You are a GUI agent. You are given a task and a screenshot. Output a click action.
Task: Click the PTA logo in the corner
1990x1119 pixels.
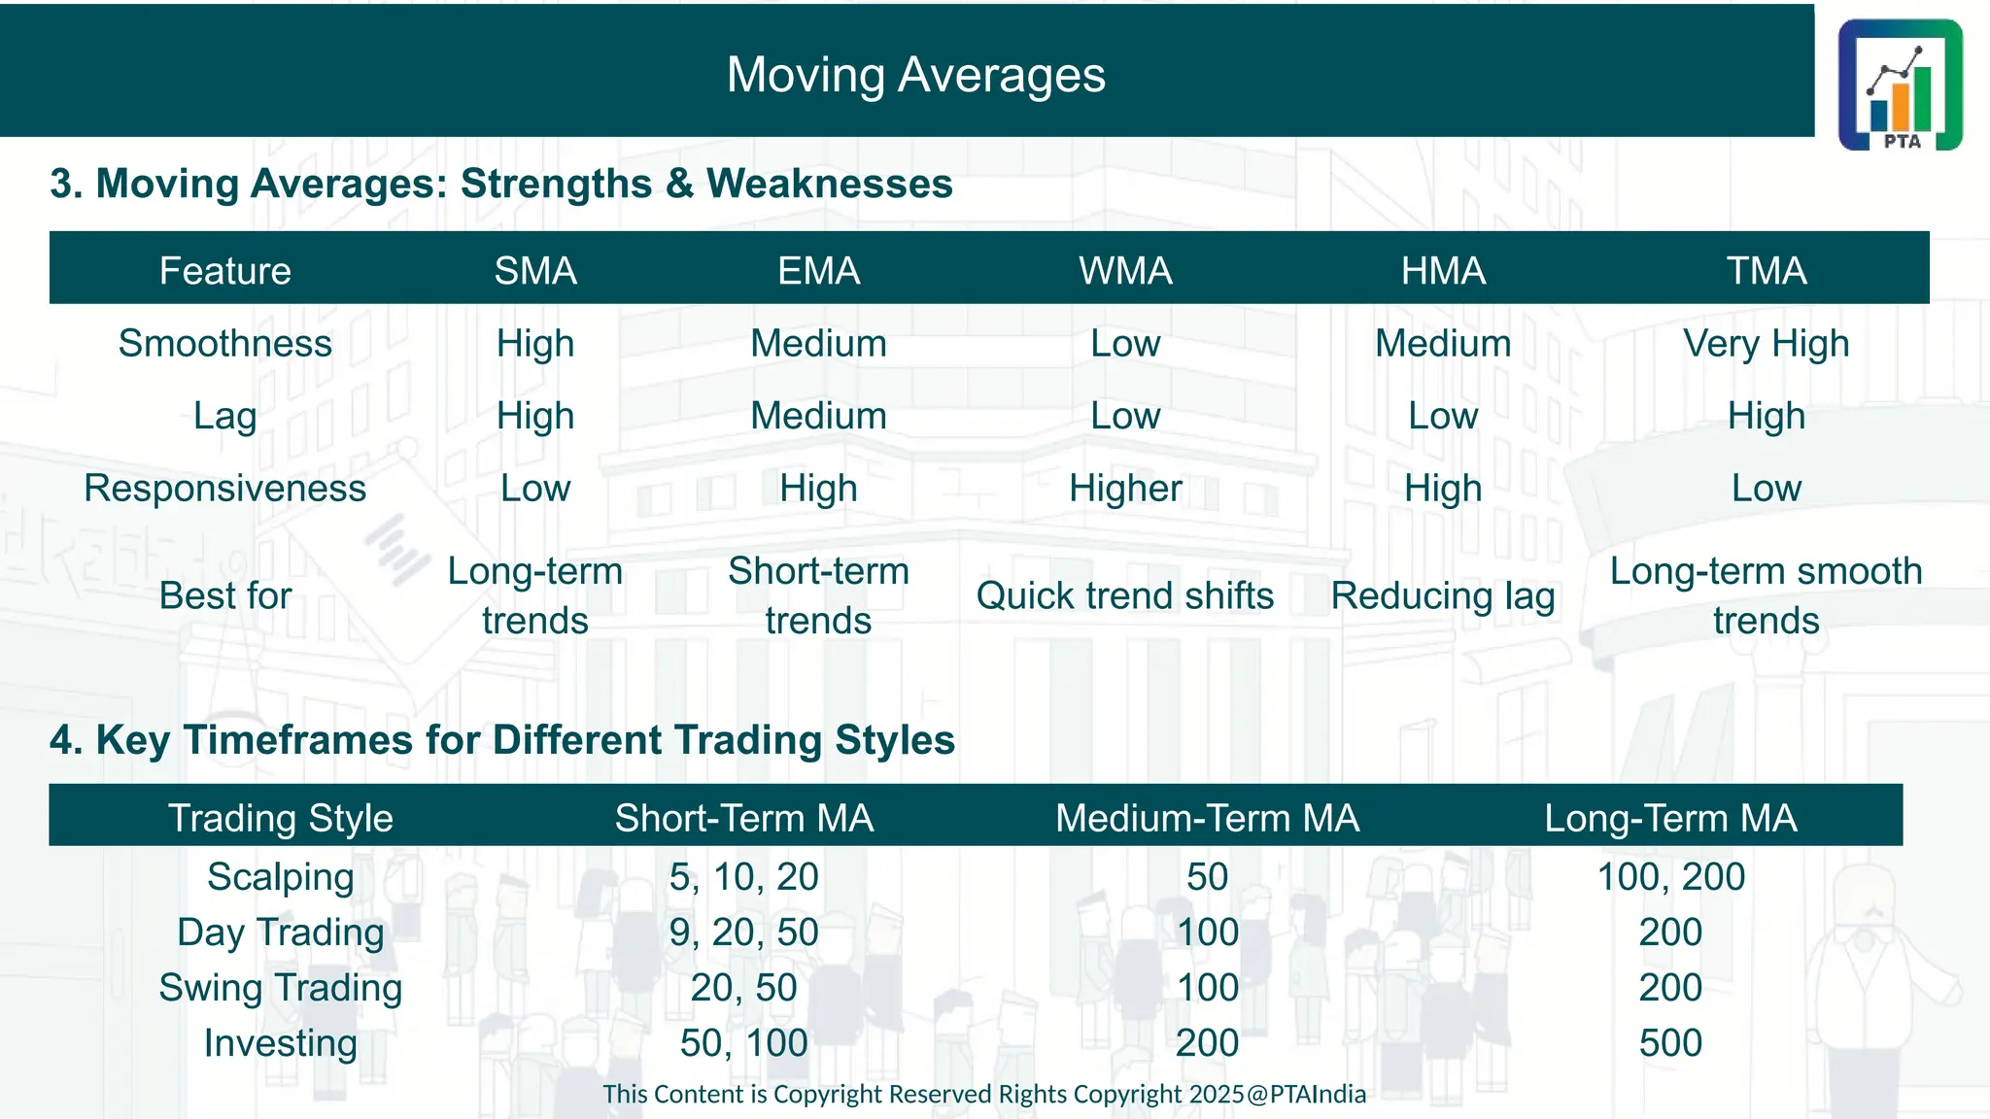coord(1900,85)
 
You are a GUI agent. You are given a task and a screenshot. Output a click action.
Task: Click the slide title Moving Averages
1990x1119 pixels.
coord(915,75)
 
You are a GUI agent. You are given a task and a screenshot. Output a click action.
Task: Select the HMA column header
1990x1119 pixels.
coord(1443,270)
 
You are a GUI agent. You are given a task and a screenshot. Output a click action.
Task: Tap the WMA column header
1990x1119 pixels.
coord(1125,270)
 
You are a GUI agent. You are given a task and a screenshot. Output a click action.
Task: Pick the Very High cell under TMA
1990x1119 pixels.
coord(1766,344)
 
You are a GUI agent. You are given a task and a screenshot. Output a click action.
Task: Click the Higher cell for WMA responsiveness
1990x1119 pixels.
coord(1125,489)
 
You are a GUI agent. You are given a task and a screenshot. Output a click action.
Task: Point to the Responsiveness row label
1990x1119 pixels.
coord(224,489)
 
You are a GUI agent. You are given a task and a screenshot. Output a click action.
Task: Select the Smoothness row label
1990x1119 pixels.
coord(224,344)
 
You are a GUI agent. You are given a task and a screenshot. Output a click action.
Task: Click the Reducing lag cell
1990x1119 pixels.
coord(1443,595)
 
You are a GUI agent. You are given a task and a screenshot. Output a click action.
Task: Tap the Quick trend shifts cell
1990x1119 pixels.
coord(1125,595)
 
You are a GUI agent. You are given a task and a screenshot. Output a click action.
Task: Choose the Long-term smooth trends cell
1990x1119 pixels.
coord(1766,595)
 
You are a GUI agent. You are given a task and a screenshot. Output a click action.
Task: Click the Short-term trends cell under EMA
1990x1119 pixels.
coord(818,595)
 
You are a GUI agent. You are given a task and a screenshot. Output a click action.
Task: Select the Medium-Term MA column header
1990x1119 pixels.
coord(1207,818)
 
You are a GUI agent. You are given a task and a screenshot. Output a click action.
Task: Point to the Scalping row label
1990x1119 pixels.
coord(281,877)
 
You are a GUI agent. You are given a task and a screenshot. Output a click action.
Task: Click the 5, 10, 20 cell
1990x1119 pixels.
coord(743,877)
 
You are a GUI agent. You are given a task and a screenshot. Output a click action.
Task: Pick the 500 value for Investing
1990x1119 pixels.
coord(1670,1043)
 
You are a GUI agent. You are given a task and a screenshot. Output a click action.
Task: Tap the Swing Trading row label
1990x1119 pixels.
coord(281,988)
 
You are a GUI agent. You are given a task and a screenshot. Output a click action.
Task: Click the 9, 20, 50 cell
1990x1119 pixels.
coord(743,932)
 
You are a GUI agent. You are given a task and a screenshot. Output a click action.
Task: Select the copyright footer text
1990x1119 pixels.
coord(983,1095)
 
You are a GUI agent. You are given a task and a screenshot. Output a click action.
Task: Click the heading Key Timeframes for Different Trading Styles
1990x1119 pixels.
coord(502,740)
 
